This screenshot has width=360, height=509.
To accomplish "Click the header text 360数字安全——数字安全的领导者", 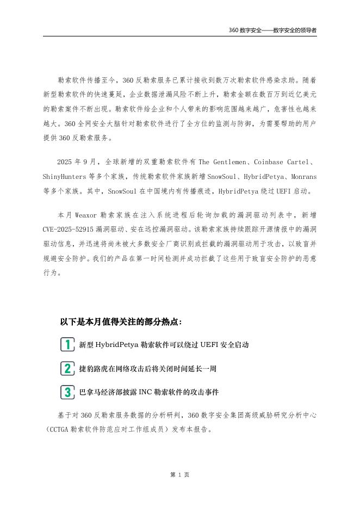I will (272, 30).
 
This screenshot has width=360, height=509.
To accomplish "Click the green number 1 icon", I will (67, 344).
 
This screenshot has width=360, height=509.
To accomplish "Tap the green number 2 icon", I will (67, 368).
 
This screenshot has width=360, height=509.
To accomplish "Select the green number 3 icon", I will (67, 392).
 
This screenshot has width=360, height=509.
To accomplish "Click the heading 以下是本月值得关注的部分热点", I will (121, 321).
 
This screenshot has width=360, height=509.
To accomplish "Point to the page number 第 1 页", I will (179, 475).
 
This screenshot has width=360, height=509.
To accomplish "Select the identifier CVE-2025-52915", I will (68, 230).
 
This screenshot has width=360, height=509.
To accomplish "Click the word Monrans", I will (302, 177).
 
